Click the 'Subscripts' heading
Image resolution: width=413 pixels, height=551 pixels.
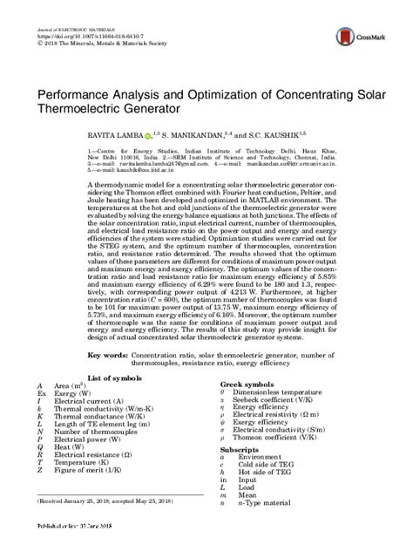click(x=240, y=446)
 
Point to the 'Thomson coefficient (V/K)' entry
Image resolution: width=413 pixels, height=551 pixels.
click(x=274, y=439)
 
